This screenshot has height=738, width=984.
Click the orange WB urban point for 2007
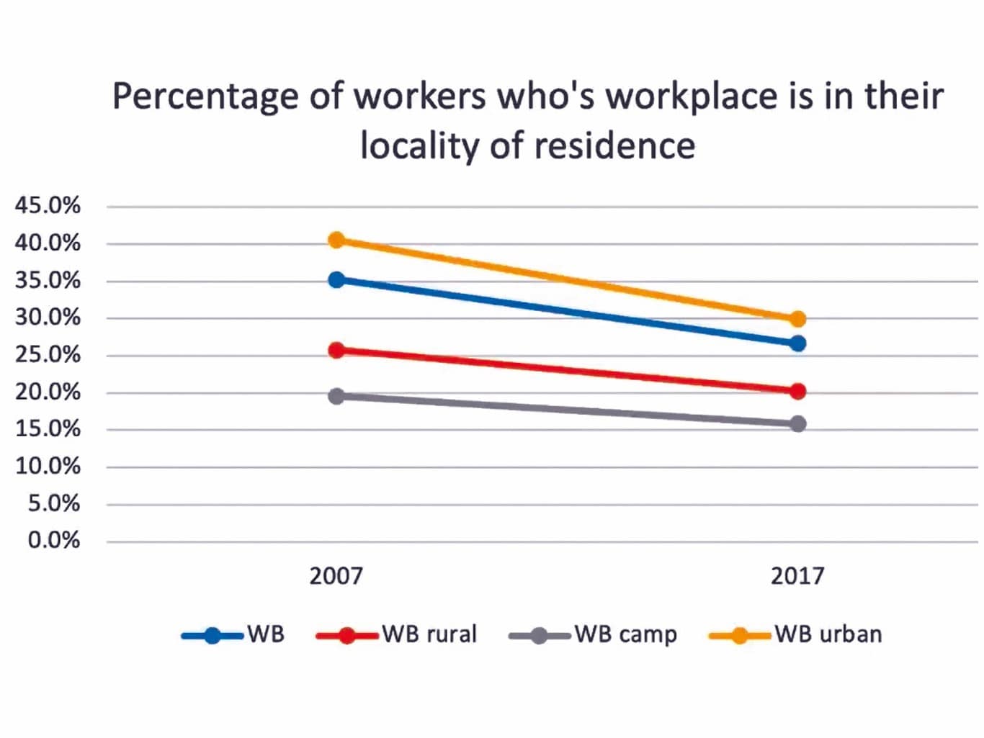tap(336, 240)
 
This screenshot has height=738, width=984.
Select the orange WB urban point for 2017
tap(797, 319)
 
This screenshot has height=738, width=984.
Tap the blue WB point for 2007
tap(336, 279)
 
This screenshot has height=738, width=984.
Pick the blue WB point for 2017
tap(797, 343)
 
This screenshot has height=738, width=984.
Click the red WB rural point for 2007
tap(336, 351)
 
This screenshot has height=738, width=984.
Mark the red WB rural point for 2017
tap(797, 392)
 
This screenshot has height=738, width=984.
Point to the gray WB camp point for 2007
tap(336, 396)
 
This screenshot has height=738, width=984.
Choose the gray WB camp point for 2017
tap(797, 424)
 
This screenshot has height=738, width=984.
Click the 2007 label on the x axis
tap(336, 576)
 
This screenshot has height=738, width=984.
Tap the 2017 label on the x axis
tap(797, 576)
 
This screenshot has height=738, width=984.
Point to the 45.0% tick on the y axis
tap(48, 205)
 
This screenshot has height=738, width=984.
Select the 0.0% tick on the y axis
tap(54, 540)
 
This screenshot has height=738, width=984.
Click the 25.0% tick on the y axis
tap(48, 354)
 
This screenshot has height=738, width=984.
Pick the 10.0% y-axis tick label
tap(48, 466)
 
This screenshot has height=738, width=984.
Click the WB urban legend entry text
tap(828, 634)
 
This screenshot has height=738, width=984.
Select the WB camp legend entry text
tap(626, 634)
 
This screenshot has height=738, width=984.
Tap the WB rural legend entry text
tap(429, 634)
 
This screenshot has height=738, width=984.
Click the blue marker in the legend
tap(213, 636)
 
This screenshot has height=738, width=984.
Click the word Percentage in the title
tap(205, 97)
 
